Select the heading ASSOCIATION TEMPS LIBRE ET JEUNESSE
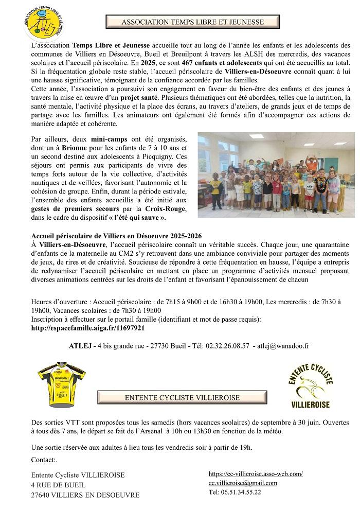(192, 23)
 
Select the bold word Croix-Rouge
(166, 209)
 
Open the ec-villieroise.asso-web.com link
(256, 473)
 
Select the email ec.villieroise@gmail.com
(243, 483)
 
